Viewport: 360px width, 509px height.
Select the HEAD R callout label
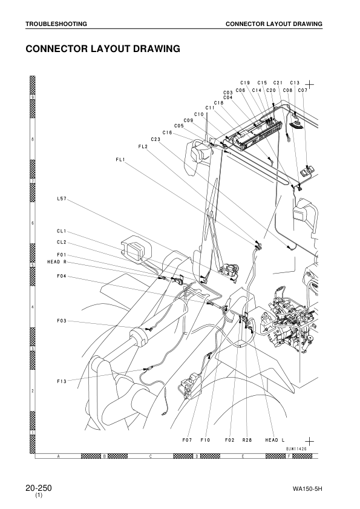point(57,262)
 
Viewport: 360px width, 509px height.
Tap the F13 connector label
point(62,381)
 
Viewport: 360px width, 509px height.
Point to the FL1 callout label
point(120,159)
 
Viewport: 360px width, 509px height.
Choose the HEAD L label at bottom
point(275,440)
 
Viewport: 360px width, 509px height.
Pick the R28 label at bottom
point(247,440)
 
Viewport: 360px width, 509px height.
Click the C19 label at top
point(245,83)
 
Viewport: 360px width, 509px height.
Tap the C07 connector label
point(303,90)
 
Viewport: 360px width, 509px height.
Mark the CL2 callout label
point(62,242)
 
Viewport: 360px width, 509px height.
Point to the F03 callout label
point(62,320)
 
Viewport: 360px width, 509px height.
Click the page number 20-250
point(38,487)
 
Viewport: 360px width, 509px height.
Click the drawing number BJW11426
point(298,448)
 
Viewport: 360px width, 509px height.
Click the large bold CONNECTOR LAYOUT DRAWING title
point(103,48)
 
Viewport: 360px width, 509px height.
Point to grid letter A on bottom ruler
point(58,456)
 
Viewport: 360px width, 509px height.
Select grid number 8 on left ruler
point(32,139)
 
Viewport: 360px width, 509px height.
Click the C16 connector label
point(168,133)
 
